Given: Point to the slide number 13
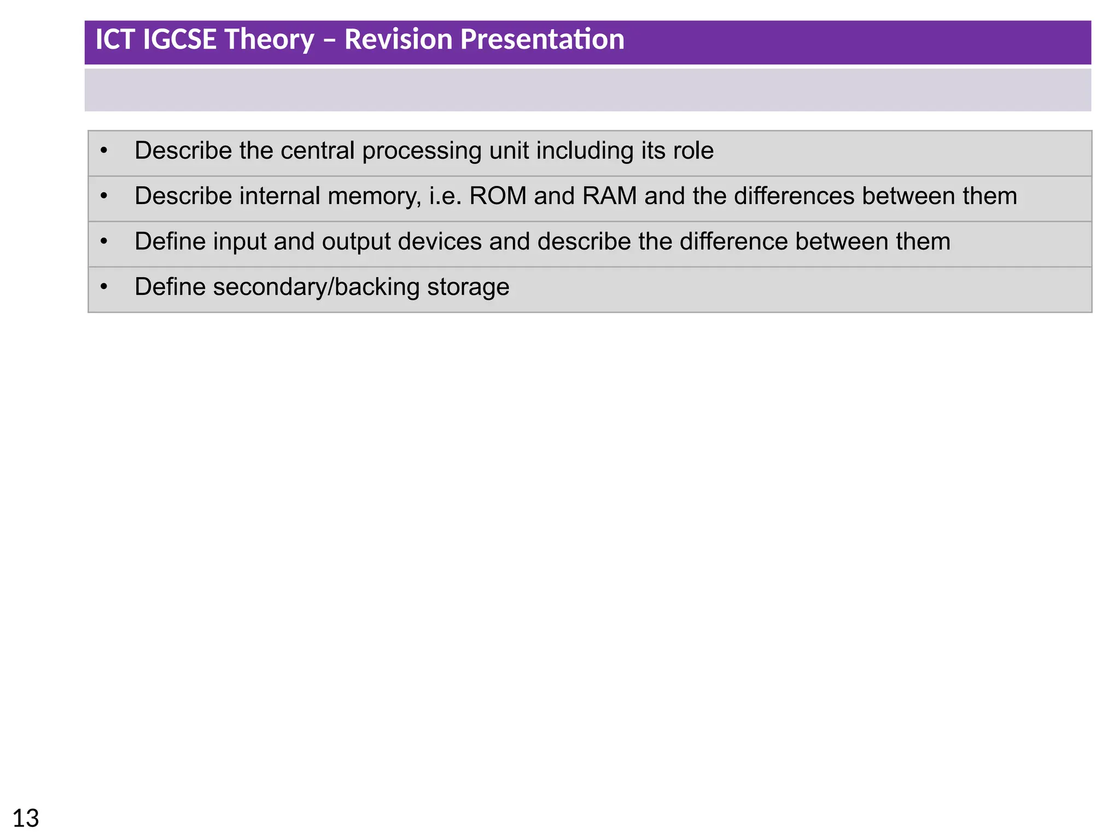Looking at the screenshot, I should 26,819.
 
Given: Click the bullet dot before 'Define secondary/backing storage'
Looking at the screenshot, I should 104,286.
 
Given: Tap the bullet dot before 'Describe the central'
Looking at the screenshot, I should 104,150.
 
